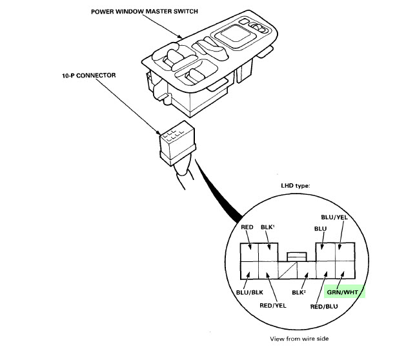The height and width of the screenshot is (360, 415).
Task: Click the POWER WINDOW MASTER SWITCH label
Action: click(144, 12)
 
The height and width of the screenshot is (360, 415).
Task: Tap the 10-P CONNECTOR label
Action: click(89, 75)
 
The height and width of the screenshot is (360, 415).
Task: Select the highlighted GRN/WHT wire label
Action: click(343, 292)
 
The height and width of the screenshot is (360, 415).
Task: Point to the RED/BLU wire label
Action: click(324, 306)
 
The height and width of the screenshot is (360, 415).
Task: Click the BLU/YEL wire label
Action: click(334, 217)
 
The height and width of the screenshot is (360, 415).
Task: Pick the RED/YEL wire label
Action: click(273, 306)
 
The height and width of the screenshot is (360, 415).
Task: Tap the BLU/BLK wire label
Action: click(249, 292)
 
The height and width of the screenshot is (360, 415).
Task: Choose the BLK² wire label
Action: click(299, 292)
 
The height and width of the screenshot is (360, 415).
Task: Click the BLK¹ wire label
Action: click(268, 227)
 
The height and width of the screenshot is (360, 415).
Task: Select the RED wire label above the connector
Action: click(247, 227)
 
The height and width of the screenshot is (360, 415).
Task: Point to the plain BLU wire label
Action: click(320, 229)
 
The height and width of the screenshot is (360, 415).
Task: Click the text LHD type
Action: click(296, 186)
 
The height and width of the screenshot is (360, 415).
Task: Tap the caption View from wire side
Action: click(299, 339)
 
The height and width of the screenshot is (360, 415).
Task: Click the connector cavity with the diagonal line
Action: click(287, 270)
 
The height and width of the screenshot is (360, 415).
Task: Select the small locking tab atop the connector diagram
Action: click(297, 257)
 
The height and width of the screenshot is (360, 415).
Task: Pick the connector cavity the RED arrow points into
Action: click(249, 252)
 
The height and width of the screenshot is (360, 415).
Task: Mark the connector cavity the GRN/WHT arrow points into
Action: click(345, 270)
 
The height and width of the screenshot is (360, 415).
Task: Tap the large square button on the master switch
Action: click(234, 36)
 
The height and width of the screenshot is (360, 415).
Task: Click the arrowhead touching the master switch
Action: click(180, 37)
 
